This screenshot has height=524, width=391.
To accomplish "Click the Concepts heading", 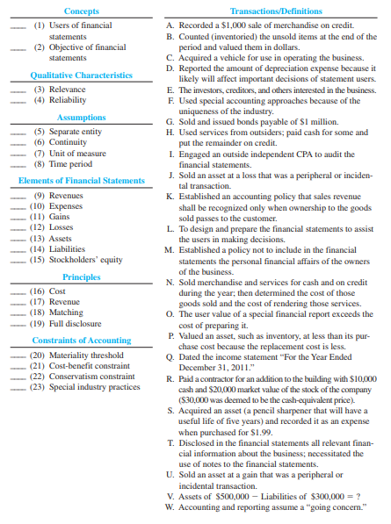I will coord(82,11).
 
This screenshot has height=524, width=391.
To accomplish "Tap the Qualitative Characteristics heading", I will coord(82,75).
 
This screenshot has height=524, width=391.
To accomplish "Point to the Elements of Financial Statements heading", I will coord(82,181).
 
